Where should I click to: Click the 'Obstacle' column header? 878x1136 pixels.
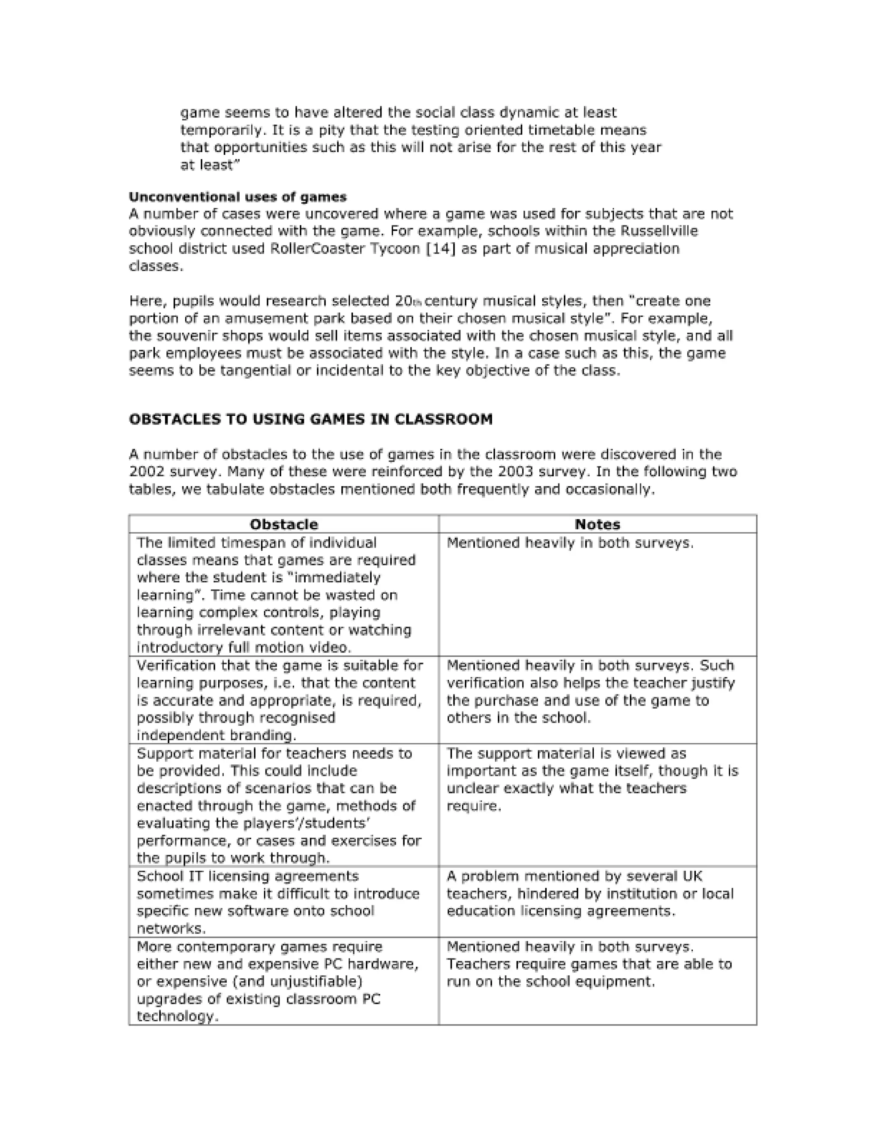click(283, 524)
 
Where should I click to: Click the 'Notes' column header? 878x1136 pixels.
click(597, 524)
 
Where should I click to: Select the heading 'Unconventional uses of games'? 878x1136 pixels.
click(238, 197)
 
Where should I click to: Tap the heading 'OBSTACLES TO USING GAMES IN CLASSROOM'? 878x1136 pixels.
click(310, 419)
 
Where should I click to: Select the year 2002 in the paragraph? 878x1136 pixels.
click(148, 472)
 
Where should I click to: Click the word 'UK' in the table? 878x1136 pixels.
click(692, 877)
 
